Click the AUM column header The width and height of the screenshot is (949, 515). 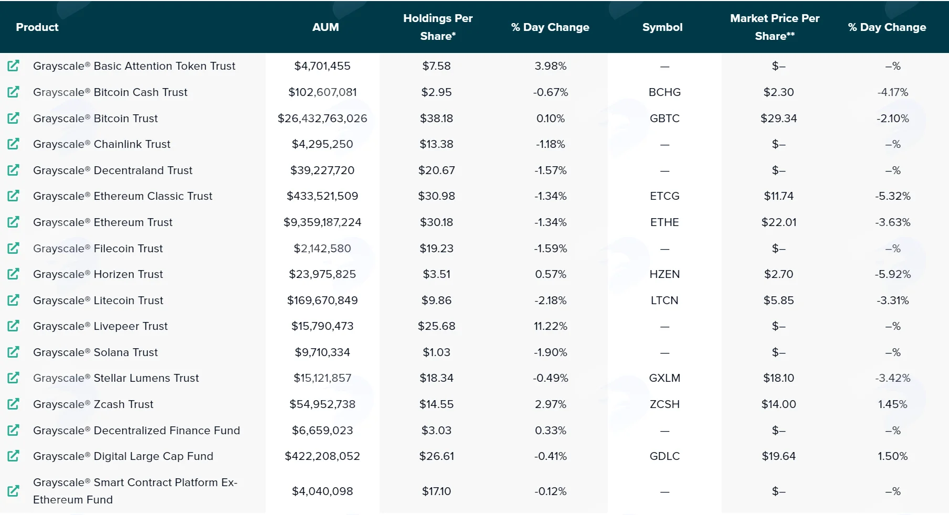coord(325,27)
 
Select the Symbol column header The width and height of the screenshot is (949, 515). coord(662,27)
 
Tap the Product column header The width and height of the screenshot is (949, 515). coord(37,27)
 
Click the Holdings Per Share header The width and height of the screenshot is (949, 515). coord(438,27)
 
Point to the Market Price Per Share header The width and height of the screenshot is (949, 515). coord(775,27)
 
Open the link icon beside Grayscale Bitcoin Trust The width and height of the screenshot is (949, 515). coord(13,118)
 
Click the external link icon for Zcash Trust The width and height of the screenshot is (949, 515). coord(13,404)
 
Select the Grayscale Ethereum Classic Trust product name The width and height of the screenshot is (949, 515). coord(123,196)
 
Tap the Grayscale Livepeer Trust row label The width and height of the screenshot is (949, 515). coord(100,326)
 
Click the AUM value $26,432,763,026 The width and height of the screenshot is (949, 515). coord(322,119)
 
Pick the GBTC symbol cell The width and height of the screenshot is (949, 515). coord(665,119)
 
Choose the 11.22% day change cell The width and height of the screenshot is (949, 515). coord(551,326)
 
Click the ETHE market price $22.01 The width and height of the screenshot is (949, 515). coord(779,222)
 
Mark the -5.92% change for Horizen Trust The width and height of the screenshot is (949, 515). coord(893,274)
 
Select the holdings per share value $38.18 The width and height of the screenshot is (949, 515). coord(437,119)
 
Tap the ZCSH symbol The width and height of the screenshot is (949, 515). coord(665,404)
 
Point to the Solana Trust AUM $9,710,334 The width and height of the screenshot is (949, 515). coord(322,352)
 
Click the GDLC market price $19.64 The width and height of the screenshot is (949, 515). coord(779,456)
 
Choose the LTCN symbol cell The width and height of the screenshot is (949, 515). coord(665,301)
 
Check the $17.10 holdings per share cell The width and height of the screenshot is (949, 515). coord(437,491)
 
